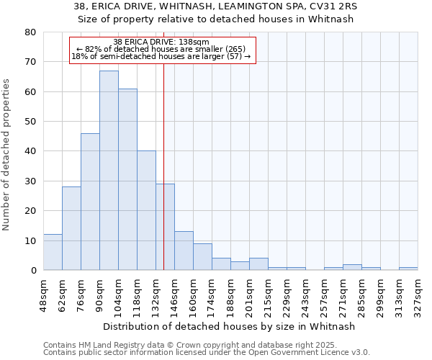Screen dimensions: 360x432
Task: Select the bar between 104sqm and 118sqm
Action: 127,179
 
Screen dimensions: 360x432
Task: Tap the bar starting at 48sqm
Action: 53,252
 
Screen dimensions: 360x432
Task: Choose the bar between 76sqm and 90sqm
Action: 90,202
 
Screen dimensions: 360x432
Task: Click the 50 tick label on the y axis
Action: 30,122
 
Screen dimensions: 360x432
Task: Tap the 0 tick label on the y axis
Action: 33,271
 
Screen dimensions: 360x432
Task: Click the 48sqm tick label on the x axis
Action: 43,293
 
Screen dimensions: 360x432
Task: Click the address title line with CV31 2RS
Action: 215,6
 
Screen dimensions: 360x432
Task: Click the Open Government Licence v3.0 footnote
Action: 207,353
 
